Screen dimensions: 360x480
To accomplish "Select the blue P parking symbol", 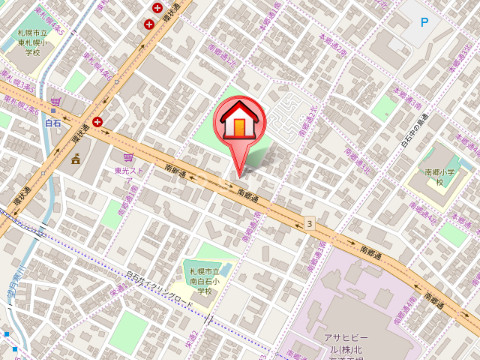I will tap(424, 21).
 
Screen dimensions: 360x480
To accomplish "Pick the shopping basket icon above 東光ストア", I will tap(127, 157).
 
